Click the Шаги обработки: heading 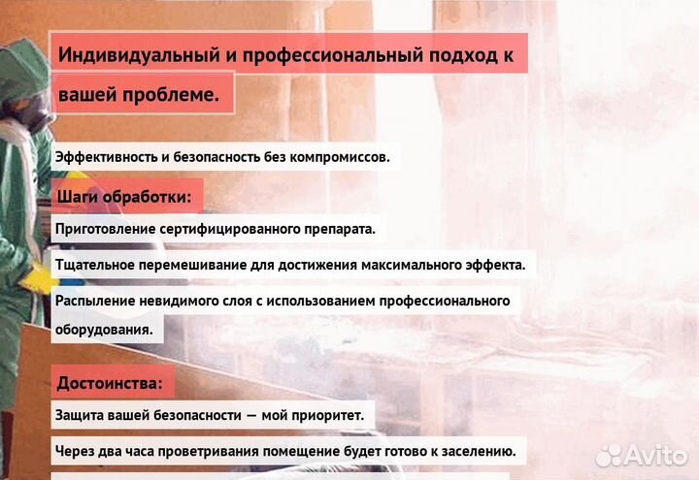pos(124,196)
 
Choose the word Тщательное pos(96,265)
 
